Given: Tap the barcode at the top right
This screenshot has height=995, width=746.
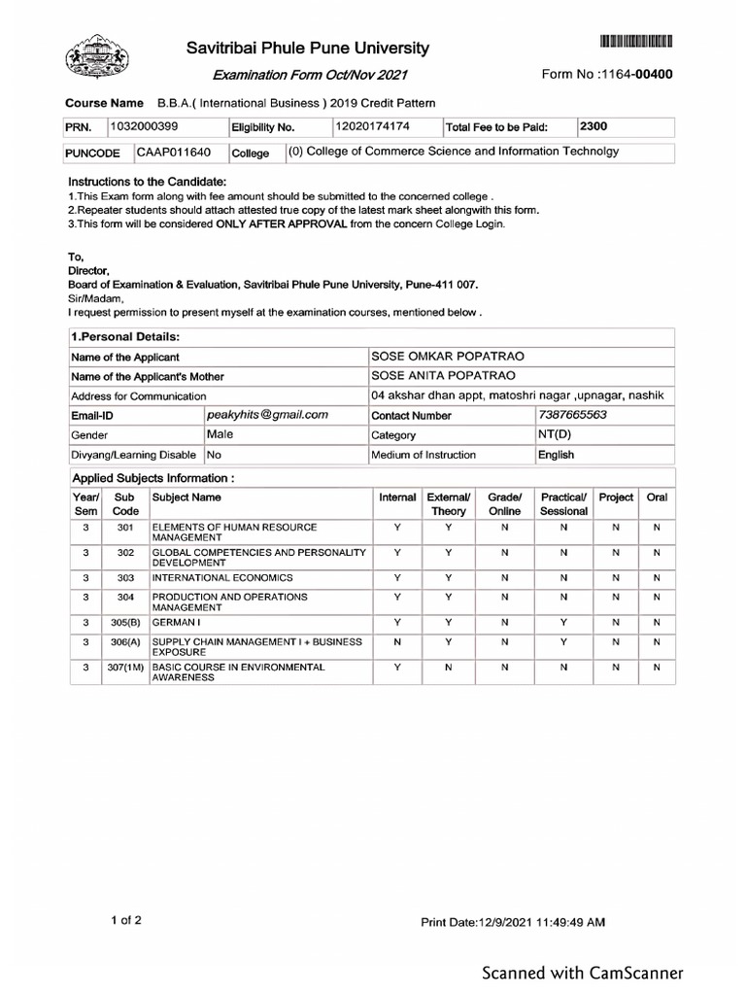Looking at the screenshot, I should click(x=636, y=41).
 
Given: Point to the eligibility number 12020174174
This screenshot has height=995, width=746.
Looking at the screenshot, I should click(x=373, y=126).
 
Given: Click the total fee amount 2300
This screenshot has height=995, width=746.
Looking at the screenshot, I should click(x=593, y=126).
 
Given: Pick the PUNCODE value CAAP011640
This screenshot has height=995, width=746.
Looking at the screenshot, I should click(x=174, y=153).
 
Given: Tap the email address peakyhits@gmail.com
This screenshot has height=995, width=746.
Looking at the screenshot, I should click(x=268, y=415).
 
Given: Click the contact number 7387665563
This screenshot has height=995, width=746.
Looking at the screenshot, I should click(x=572, y=415).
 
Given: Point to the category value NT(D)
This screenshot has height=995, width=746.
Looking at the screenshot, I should click(x=555, y=435).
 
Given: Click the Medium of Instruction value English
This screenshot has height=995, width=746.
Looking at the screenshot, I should click(x=556, y=455).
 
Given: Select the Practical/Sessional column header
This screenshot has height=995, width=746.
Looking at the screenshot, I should click(x=563, y=503).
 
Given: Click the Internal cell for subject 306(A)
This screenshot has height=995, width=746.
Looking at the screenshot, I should click(x=397, y=642).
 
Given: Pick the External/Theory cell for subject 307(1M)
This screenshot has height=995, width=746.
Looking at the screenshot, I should click(x=448, y=669).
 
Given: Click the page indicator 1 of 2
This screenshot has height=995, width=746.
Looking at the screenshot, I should click(x=126, y=920).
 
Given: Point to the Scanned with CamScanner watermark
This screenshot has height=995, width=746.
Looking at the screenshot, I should click(x=583, y=973).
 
